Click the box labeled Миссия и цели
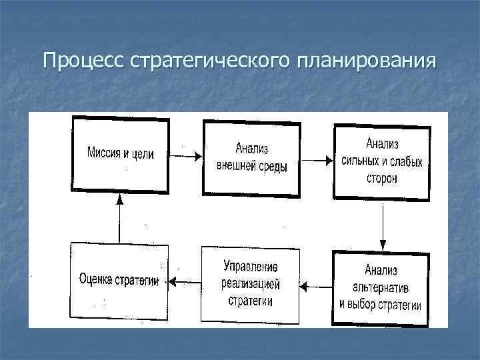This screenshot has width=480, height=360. (120, 153)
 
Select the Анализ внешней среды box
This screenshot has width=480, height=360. (251, 158)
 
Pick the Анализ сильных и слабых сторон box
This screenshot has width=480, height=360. (381, 160)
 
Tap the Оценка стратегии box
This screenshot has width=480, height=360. (118, 281)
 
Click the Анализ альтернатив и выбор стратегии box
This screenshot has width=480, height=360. (381, 287)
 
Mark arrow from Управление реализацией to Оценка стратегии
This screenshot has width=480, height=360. (185, 281)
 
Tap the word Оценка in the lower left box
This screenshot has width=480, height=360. (95, 281)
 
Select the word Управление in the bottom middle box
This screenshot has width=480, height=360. (251, 267)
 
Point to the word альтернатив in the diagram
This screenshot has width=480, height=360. (381, 288)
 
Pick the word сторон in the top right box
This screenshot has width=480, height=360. (381, 179)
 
